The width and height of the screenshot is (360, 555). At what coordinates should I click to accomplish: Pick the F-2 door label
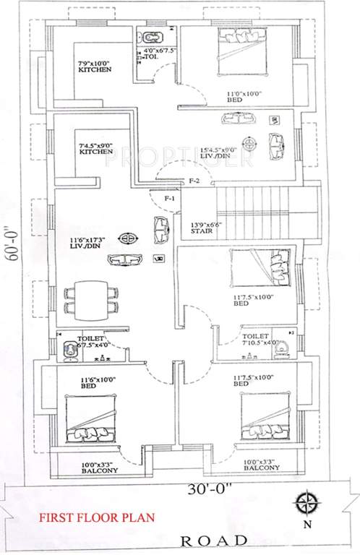[x=193, y=179]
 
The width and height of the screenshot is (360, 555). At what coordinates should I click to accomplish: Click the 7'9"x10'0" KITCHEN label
[x=94, y=66]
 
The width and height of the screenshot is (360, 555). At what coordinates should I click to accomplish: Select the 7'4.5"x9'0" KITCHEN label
[x=95, y=148]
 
